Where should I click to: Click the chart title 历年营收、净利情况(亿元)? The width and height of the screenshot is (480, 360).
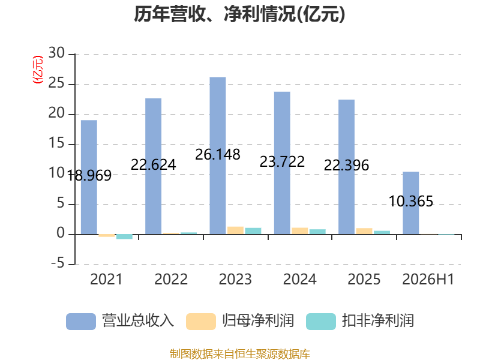tap(239, 14)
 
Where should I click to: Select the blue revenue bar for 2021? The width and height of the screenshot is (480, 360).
tap(89, 177)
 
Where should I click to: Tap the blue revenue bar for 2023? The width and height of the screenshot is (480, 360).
tap(218, 155)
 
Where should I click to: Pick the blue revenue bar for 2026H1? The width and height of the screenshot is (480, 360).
tap(411, 203)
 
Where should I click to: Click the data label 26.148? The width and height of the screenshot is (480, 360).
tap(218, 155)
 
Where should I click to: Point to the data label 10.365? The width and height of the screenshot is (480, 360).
tap(411, 202)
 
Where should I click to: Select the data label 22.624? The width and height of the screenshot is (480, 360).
tap(154, 165)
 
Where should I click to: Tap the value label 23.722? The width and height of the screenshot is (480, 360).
tap(282, 161)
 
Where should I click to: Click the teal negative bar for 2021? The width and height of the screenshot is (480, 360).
tap(124, 236)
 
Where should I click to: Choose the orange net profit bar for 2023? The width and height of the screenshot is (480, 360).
tap(235, 230)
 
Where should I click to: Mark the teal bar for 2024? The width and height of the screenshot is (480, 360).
tap(317, 232)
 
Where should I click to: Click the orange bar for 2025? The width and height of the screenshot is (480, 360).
tap(364, 231)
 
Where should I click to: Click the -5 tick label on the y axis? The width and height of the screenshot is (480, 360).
tap(58, 263)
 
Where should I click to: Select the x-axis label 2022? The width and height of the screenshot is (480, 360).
tap(171, 279)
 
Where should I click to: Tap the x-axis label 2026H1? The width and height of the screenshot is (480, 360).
tap(428, 279)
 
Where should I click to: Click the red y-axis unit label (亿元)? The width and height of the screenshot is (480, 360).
tap(38, 70)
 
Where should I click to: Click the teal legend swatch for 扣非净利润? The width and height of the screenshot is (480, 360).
tap(321, 322)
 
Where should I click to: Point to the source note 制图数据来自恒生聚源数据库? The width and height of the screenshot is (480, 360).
tap(240, 354)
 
